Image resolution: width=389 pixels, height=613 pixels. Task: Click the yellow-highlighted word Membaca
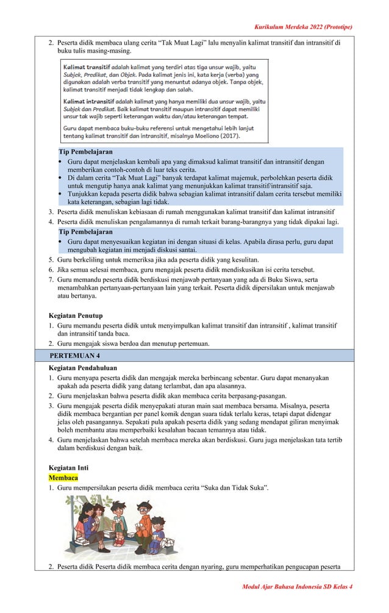[x=63, y=478]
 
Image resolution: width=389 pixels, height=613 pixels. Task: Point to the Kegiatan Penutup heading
[x=76, y=315]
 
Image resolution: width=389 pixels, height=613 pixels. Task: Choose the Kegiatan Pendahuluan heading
[x=82, y=368]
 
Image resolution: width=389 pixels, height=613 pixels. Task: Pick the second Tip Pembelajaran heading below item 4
[x=85, y=232]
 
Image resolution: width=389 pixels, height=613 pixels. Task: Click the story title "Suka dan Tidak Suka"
[x=228, y=489]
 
